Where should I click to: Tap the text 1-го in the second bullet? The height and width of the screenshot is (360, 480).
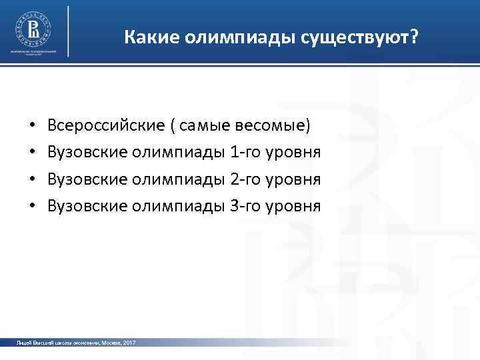245,153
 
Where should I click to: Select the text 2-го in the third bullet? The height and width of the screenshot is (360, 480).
245,179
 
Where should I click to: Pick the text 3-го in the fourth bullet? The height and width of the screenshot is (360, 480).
245,207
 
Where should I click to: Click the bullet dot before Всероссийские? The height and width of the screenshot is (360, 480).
32,126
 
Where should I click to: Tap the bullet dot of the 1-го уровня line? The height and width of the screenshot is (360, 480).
32,153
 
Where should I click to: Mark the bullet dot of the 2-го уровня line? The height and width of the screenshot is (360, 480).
32,180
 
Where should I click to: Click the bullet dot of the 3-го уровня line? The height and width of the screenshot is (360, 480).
32,207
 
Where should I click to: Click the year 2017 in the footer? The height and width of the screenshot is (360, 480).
129,342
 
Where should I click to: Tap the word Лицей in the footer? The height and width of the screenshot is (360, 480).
23,342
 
